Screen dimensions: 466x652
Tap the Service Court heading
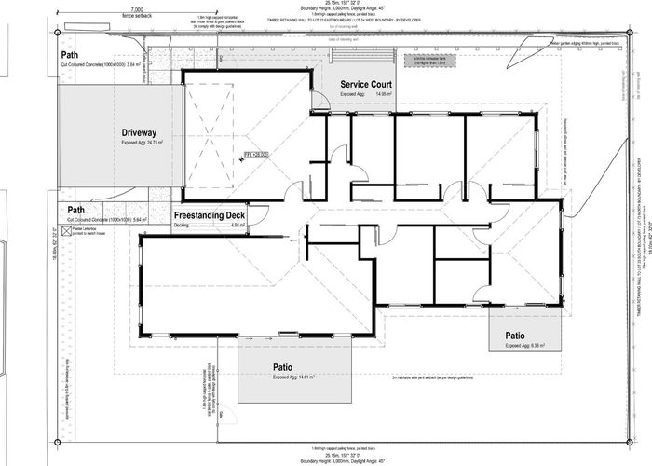[365, 85]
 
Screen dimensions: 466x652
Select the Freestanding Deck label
[209, 215]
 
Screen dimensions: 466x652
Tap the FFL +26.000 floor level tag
[256, 155]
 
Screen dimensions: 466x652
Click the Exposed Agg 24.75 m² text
[142, 144]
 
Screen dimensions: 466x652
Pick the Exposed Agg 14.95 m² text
[365, 95]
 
